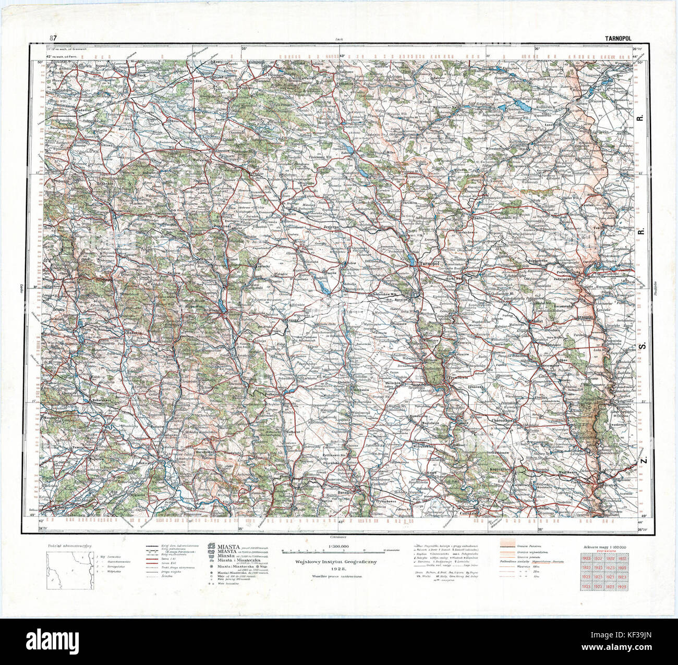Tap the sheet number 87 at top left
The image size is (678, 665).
[x=53, y=38]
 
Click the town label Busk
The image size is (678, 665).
[x=141, y=75]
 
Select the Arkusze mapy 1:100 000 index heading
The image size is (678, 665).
[x=604, y=546]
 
